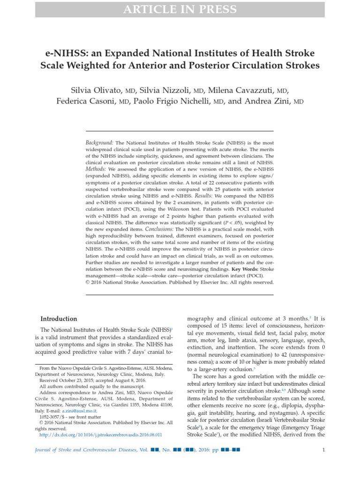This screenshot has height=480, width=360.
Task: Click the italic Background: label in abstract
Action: pyautogui.click(x=99, y=142)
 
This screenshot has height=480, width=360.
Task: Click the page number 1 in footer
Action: pyautogui.click(x=323, y=450)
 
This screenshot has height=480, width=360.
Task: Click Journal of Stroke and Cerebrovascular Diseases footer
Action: pyautogui.click(x=86, y=450)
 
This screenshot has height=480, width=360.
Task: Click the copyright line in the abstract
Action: pyautogui.click(x=179, y=283)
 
